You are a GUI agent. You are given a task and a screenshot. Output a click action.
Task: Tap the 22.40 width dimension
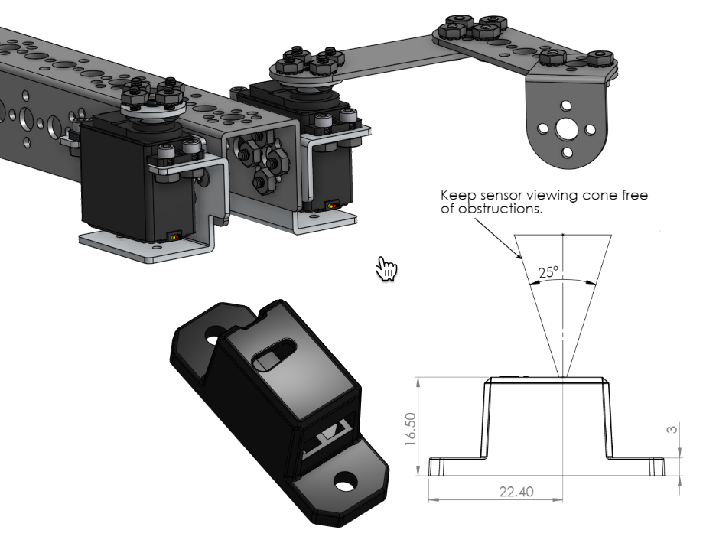pyautogui.click(x=516, y=491)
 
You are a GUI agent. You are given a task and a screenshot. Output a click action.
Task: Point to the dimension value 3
pyautogui.click(x=672, y=430)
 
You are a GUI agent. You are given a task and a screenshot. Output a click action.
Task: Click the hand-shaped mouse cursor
pyautogui.click(x=387, y=268)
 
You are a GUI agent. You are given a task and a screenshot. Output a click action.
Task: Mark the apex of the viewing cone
pyautogui.click(x=562, y=376)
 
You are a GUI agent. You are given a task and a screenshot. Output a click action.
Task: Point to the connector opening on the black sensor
pyautogui.click(x=325, y=444)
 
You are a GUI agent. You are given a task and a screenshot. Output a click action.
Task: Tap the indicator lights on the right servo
pyautogui.click(x=330, y=206)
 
